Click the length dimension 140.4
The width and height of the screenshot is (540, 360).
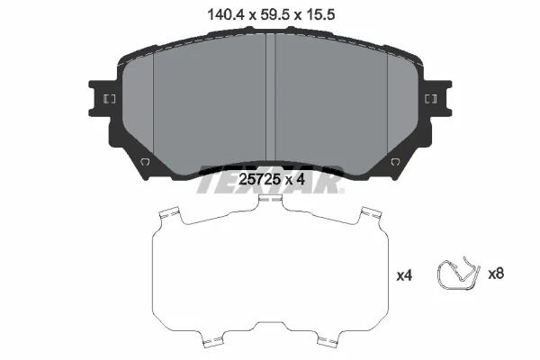226,14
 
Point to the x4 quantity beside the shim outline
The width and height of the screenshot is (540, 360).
404,275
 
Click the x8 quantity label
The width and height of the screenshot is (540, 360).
496,274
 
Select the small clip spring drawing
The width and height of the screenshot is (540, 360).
458,274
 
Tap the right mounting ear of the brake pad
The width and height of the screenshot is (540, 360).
436,99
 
